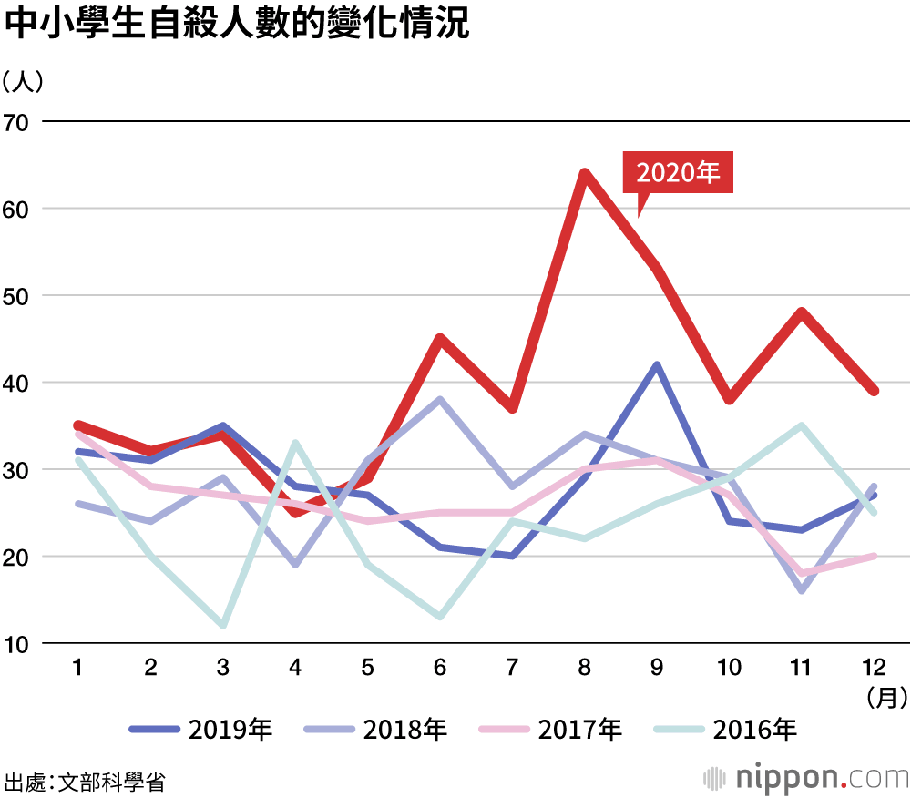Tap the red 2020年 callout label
click(x=678, y=172)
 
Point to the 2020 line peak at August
click(x=585, y=173)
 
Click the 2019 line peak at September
click(x=657, y=365)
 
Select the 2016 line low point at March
click(x=223, y=625)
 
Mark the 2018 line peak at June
click(x=440, y=400)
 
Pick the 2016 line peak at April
click(x=295, y=444)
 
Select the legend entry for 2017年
click(x=552, y=729)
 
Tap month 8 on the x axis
click(x=585, y=669)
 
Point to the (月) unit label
click(x=883, y=699)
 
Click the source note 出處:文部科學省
click(x=85, y=781)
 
